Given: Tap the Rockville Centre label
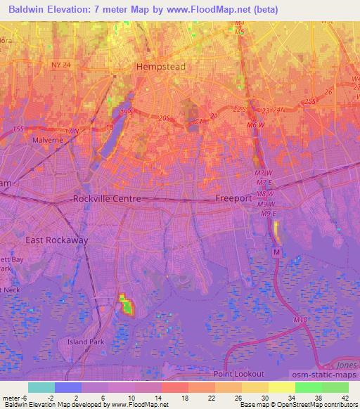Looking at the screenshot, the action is (x=108, y=199).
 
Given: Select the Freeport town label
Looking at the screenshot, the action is (x=233, y=198).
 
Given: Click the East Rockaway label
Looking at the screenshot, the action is (x=57, y=240).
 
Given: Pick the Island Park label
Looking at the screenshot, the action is (x=84, y=342).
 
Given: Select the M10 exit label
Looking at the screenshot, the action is (x=301, y=320).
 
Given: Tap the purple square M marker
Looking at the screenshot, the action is (x=277, y=252).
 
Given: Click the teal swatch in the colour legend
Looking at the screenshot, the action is (x=41, y=387).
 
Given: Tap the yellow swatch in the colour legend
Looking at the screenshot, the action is (x=282, y=387).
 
